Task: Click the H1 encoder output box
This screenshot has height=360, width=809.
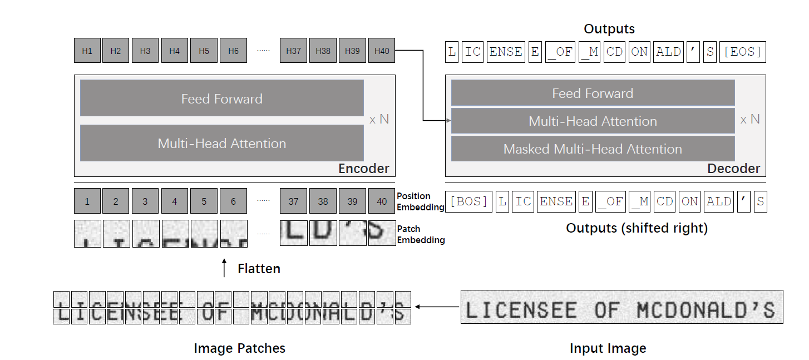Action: tap(87, 51)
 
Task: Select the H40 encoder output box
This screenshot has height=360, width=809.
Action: tap(382, 51)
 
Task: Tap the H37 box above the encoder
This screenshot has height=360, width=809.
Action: tap(293, 51)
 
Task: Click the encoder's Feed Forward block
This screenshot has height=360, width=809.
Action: tap(221, 98)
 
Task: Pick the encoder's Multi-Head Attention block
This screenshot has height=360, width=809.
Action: tap(221, 144)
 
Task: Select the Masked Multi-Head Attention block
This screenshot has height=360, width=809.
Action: tap(593, 149)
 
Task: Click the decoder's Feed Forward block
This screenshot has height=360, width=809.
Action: tap(593, 93)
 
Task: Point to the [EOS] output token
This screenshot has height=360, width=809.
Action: tap(742, 52)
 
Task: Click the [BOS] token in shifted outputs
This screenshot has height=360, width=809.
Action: tap(468, 201)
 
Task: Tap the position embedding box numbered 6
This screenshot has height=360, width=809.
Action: tap(234, 201)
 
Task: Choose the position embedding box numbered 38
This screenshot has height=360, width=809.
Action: tap(323, 201)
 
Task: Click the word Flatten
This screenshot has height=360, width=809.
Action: tap(259, 269)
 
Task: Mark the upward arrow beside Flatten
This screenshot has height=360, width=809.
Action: tap(224, 268)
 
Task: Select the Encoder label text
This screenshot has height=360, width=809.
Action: tap(364, 169)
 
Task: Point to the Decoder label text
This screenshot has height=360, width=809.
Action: tap(733, 169)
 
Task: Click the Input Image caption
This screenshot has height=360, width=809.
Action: tap(608, 349)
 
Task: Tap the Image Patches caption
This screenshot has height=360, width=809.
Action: tap(239, 349)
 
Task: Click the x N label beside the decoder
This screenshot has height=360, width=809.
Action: tap(750, 119)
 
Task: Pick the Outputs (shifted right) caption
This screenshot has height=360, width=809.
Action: tap(637, 228)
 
